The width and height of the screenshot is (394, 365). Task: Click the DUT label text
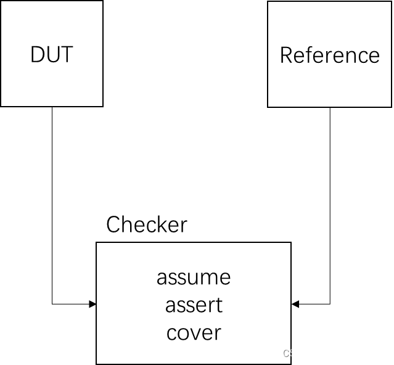52,55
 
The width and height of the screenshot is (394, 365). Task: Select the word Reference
329,55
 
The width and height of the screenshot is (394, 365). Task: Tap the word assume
194,277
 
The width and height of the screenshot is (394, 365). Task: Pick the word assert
194,305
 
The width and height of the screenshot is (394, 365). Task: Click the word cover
194,333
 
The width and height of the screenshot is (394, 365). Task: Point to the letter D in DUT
38,55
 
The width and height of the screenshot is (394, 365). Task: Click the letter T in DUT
66,55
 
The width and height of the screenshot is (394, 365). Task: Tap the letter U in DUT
52,55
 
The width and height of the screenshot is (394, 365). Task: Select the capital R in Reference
287,55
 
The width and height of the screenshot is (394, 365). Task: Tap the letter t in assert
218,305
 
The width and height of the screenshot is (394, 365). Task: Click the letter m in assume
207,278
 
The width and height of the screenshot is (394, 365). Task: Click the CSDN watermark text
296,353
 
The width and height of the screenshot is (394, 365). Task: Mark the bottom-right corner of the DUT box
102,105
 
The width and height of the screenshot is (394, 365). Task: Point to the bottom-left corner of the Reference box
268,106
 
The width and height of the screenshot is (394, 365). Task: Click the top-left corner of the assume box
97,244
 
